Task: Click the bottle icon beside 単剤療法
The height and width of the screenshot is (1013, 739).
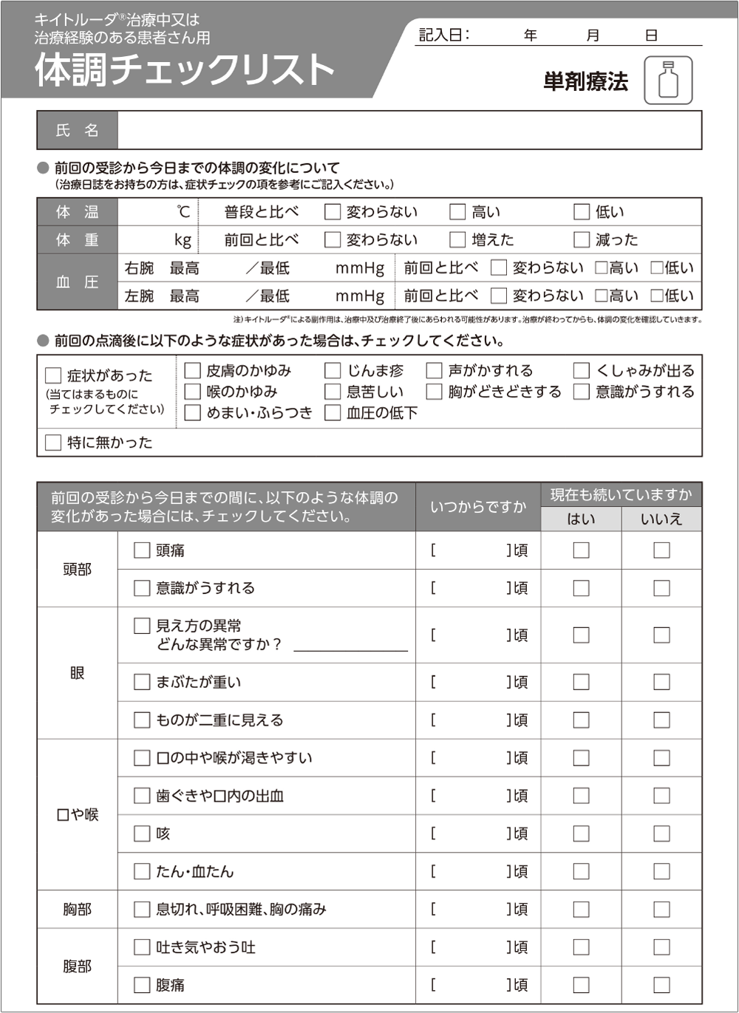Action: click(x=668, y=80)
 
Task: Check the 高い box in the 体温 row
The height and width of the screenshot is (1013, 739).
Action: click(x=458, y=213)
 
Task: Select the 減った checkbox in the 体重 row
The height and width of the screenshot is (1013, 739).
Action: click(x=582, y=240)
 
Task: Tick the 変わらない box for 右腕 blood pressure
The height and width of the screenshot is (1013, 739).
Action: click(x=499, y=268)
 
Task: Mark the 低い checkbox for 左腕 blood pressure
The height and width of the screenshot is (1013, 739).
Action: click(x=656, y=296)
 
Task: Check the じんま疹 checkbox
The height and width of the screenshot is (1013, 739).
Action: click(x=333, y=371)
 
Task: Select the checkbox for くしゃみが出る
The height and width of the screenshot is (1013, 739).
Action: click(x=582, y=371)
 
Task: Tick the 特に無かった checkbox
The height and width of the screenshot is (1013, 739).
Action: click(x=53, y=443)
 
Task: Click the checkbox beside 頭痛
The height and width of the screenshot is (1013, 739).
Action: click(x=142, y=550)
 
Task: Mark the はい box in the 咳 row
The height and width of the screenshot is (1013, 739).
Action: click(x=582, y=833)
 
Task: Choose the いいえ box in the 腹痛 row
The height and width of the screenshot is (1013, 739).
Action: click(x=661, y=985)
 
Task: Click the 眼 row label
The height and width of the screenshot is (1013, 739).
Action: click(x=78, y=673)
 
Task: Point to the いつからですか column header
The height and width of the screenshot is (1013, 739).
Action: click(x=478, y=507)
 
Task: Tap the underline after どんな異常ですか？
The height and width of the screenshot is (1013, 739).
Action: click(x=350, y=649)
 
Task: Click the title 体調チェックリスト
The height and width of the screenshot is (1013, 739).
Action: click(x=185, y=71)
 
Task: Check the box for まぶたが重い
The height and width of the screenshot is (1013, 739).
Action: click(x=142, y=682)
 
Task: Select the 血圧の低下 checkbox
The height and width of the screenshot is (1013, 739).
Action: click(x=333, y=413)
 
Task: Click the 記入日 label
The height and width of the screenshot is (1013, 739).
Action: click(x=443, y=35)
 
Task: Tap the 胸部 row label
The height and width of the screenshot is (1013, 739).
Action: click(x=78, y=910)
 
